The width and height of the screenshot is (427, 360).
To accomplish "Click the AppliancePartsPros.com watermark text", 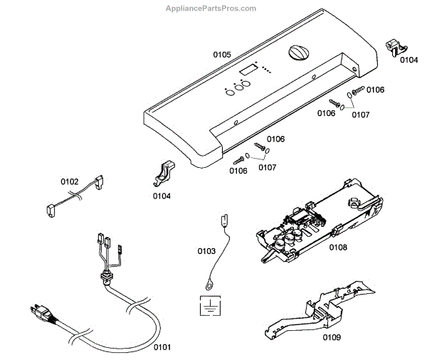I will (x=210, y=9).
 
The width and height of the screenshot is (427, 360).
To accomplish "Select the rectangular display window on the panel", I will (x=248, y=71).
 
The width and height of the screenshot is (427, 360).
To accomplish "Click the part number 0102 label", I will (x=70, y=181).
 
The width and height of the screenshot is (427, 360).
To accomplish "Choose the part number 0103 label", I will (x=206, y=251).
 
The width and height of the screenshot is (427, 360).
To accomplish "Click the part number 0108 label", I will (x=338, y=248).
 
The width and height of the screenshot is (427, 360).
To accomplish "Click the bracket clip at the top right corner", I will (x=396, y=46).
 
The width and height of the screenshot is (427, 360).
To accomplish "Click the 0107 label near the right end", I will (x=361, y=114).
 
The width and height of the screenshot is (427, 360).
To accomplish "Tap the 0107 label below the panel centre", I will (x=267, y=168).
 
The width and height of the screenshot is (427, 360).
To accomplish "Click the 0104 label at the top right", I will (x=408, y=60).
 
